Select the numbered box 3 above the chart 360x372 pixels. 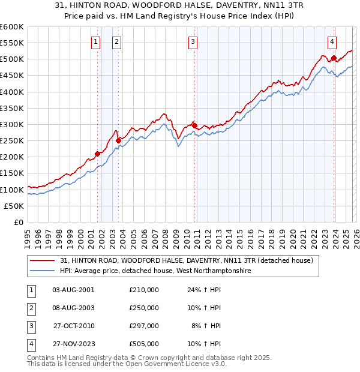[x=193, y=41]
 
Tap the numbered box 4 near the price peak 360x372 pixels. [x=332, y=41]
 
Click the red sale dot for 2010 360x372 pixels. [x=195, y=125]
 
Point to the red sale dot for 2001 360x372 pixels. [x=97, y=154]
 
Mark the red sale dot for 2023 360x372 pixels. [x=334, y=58]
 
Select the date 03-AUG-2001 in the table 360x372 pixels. [x=73, y=290]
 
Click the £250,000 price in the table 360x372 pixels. [x=144, y=308]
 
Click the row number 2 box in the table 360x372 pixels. [x=30, y=308]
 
